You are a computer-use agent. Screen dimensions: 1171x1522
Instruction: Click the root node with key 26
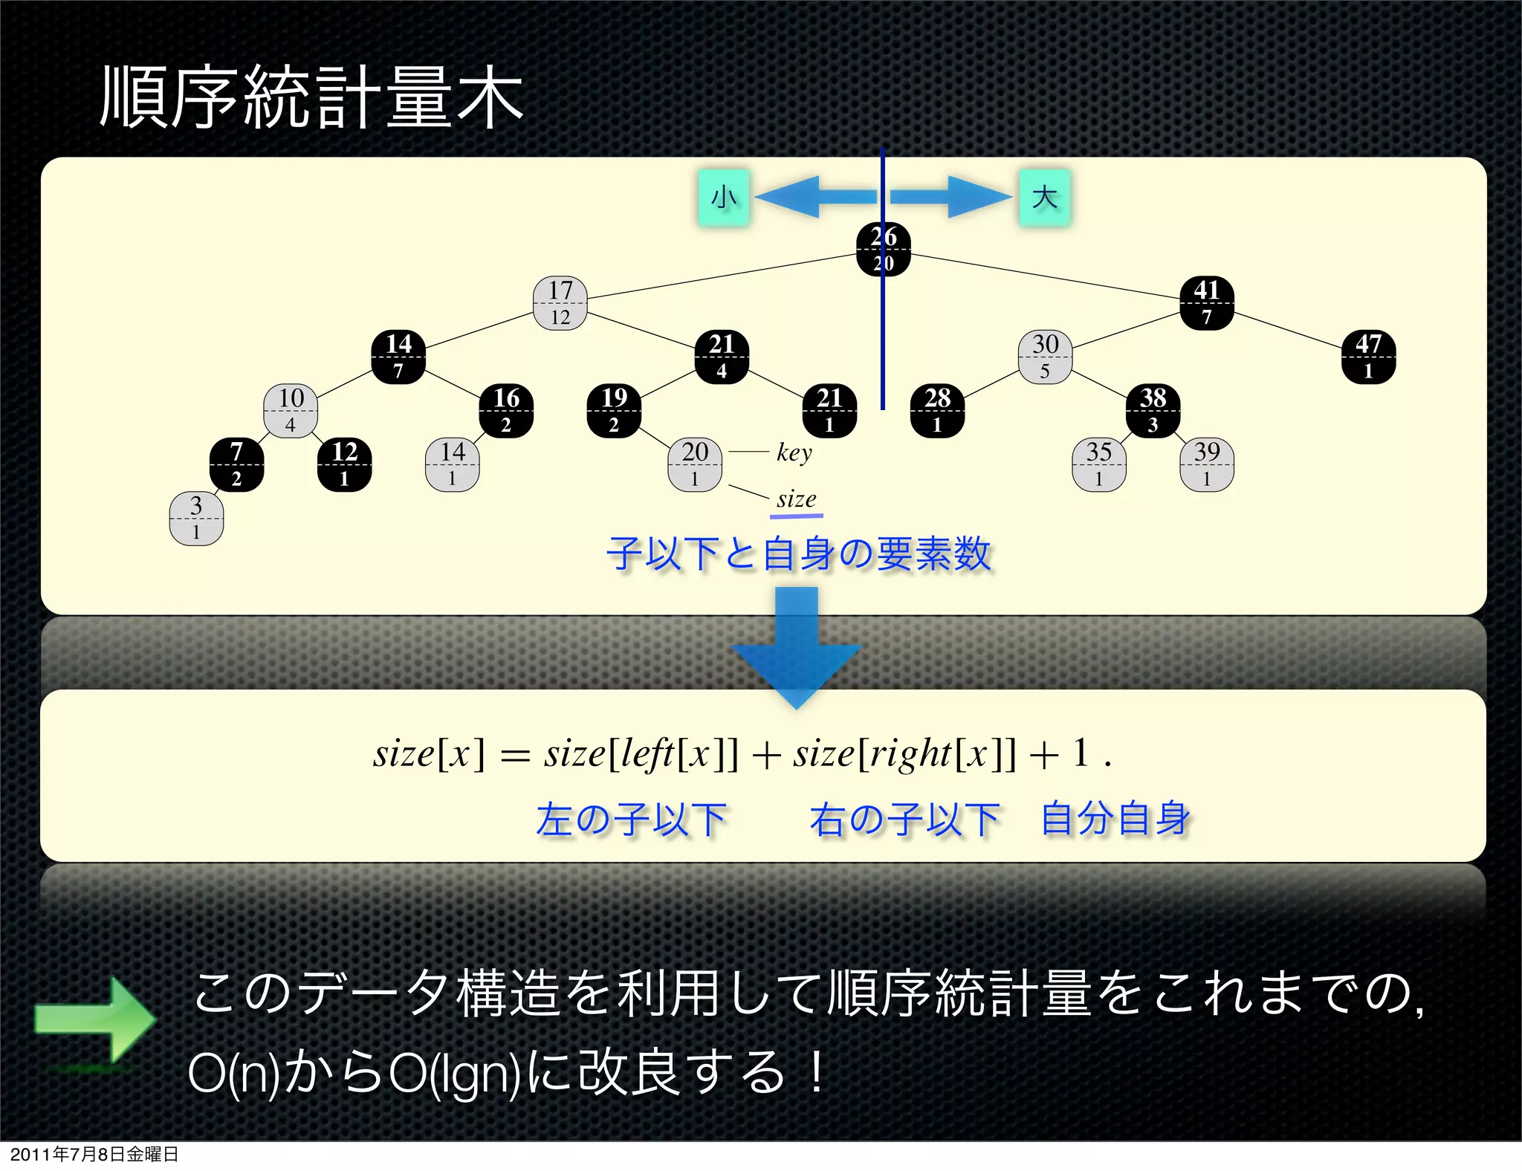[883, 250]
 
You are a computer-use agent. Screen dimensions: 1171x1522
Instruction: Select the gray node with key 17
[560, 303]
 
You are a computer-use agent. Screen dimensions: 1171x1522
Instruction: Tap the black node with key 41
[1206, 303]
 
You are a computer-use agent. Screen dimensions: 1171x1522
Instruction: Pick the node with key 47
[1368, 357]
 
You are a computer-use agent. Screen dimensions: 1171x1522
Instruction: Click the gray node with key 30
[1045, 357]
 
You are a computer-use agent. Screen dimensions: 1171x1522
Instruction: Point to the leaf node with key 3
[196, 518]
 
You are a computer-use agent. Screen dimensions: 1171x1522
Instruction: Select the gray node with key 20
[695, 464]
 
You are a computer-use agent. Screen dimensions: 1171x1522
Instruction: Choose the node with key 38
[1153, 411]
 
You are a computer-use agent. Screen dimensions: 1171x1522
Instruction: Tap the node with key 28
[937, 411]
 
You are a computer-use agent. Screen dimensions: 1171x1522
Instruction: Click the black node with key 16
[506, 411]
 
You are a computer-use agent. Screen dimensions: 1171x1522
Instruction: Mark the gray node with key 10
[291, 411]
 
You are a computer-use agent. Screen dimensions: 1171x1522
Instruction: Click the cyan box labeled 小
[723, 198]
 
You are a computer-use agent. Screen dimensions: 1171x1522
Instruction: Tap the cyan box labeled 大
[1044, 198]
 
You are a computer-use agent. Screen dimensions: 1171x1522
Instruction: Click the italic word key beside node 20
[794, 452]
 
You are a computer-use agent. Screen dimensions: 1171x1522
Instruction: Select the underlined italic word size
[796, 499]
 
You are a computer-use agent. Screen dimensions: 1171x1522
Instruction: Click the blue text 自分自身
[1115, 820]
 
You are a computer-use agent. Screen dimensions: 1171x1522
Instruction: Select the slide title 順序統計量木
[312, 97]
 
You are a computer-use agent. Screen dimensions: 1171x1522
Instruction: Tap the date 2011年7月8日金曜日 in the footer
[94, 1154]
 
